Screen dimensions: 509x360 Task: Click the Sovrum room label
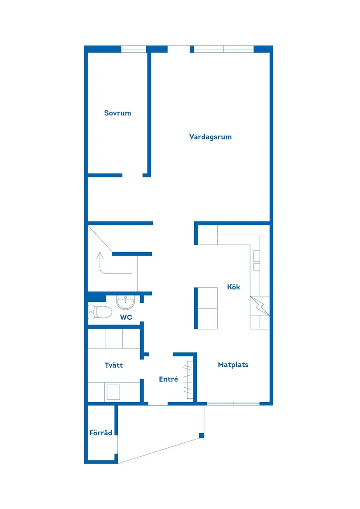pos(117,113)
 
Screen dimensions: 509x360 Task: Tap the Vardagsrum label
pos(210,137)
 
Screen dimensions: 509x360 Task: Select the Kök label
pos(233,287)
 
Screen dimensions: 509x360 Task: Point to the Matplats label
pos(233,365)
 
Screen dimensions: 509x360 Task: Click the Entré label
pos(168,379)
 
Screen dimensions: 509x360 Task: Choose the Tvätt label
pos(113,365)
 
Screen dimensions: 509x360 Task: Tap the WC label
pos(126,317)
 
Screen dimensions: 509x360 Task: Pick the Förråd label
pos(101,433)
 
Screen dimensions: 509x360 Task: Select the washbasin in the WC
pos(126,302)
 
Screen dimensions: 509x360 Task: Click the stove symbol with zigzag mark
pos(260,305)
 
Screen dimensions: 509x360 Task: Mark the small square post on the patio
pos(201,435)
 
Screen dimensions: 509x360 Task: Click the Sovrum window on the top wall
pos(134,49)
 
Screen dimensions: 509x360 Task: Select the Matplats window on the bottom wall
pos(233,403)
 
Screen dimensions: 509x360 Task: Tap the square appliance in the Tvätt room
pos(113,392)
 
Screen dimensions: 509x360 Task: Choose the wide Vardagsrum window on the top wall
pos(223,49)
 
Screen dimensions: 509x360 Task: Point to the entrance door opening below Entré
pos(158,404)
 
